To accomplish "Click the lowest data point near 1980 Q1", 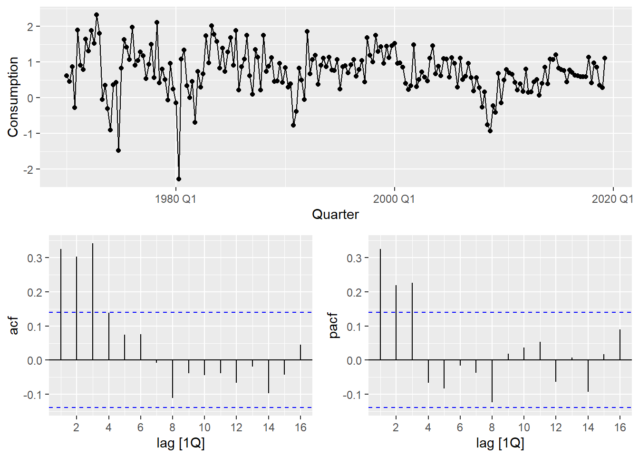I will click(179, 179).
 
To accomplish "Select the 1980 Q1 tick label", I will click(175, 199).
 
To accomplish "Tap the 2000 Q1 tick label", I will click(394, 199).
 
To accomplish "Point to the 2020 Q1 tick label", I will click(612, 199).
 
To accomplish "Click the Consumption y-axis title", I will click(13, 97).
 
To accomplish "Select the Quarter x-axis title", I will click(335, 215).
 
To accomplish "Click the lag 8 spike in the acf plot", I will click(173, 378).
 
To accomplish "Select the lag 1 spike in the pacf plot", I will click(380, 305).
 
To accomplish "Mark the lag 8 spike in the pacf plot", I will click(492, 381).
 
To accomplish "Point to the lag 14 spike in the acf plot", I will click(269, 376).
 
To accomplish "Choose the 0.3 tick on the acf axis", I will click(35, 258).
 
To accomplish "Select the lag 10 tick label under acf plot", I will click(204, 427).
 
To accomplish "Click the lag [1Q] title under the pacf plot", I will click(500, 444).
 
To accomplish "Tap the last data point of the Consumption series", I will click(605, 58).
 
